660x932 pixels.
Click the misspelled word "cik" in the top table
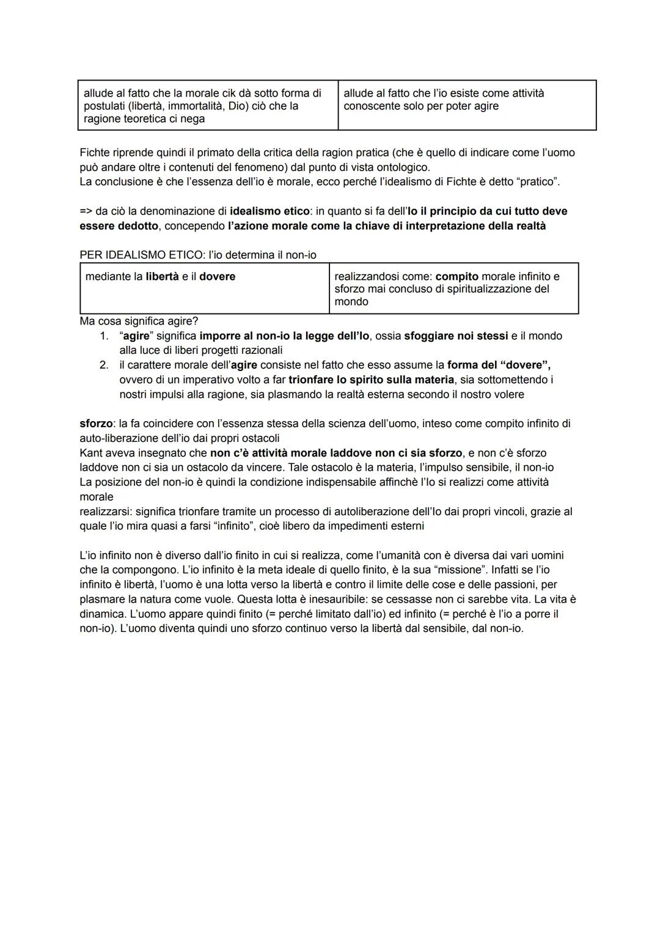tap(216, 94)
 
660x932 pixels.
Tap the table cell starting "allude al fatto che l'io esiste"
tap(466, 105)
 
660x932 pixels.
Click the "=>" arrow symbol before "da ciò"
tap(86, 211)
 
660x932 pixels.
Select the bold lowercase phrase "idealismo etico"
tap(269, 211)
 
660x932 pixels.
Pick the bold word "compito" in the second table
tap(457, 277)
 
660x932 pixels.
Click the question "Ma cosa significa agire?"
tap(139, 321)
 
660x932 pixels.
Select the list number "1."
tap(105, 336)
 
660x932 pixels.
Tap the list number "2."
tap(105, 365)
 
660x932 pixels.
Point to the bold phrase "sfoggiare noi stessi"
tap(456, 336)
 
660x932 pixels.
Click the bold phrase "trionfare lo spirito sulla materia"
tap(371, 380)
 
